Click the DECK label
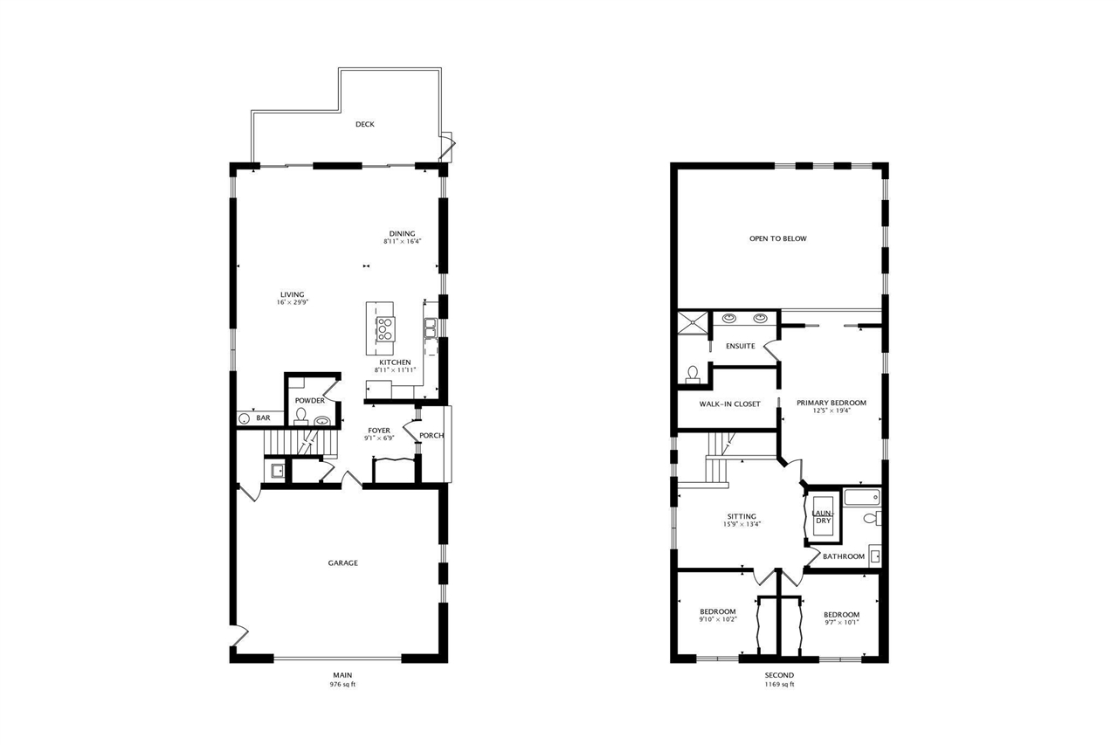click(x=365, y=124)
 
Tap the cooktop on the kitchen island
click(x=383, y=328)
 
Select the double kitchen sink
click(x=431, y=328)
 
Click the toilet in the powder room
click(x=301, y=414)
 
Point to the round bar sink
click(x=244, y=419)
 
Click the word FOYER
click(x=379, y=430)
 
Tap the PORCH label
click(x=431, y=435)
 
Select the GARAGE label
click(x=342, y=563)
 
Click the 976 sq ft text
click(x=342, y=685)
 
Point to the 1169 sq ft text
click(x=779, y=685)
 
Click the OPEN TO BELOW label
click(x=778, y=238)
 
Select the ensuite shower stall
click(x=694, y=322)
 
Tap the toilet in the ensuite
click(x=693, y=374)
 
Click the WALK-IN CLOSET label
click(x=729, y=404)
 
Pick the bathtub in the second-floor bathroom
click(x=863, y=499)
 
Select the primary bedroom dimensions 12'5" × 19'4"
click(x=832, y=410)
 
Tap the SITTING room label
click(x=740, y=516)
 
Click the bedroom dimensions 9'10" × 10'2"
click(x=718, y=619)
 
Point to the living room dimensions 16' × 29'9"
click(x=293, y=302)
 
